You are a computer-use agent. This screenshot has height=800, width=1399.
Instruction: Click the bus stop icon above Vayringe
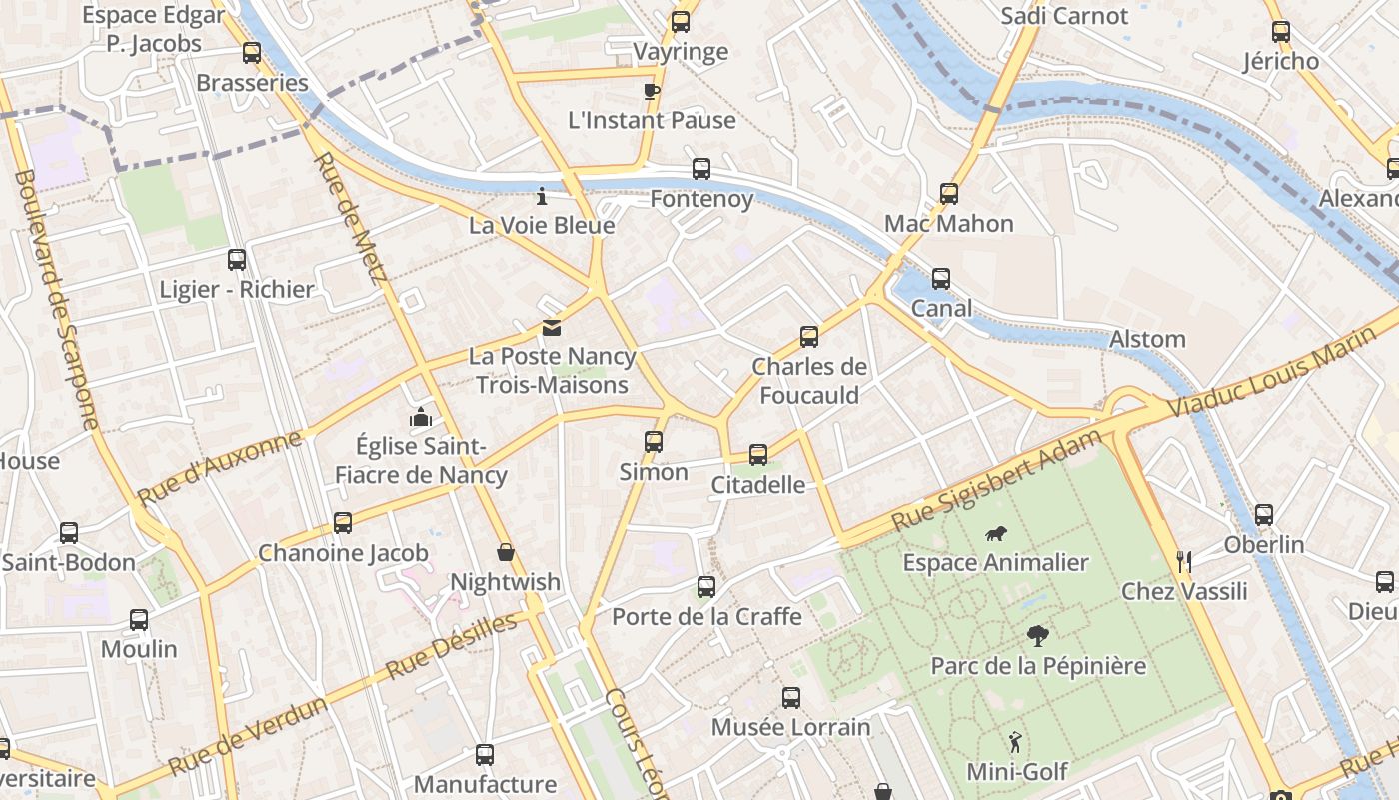681,21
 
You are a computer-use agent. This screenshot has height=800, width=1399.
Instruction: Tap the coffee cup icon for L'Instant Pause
652,92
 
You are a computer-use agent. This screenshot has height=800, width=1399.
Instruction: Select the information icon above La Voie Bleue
542,196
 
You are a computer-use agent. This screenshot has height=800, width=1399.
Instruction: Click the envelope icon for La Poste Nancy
552,328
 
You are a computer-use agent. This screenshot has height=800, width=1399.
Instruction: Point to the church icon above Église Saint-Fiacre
421,416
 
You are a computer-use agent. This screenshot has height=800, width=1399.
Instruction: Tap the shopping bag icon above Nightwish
506,552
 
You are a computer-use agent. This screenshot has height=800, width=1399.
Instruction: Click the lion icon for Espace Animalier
995,534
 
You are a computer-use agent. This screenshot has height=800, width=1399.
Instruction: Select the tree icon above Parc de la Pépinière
1038,635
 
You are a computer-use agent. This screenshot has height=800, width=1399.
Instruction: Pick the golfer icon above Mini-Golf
1016,742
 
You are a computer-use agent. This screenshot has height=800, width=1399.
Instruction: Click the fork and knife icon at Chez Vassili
1184,561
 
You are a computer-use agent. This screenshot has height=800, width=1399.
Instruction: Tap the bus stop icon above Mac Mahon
949,194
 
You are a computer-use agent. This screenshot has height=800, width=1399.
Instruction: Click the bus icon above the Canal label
941,279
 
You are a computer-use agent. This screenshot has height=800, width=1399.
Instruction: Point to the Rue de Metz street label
349,218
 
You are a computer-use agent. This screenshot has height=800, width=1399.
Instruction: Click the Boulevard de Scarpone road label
57,300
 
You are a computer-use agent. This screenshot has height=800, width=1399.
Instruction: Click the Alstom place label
1147,339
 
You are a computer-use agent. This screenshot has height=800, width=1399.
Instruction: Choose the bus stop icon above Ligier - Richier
237,260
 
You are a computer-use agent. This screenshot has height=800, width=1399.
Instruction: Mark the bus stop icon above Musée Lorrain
791,697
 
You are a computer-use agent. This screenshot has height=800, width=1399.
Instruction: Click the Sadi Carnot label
1063,16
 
